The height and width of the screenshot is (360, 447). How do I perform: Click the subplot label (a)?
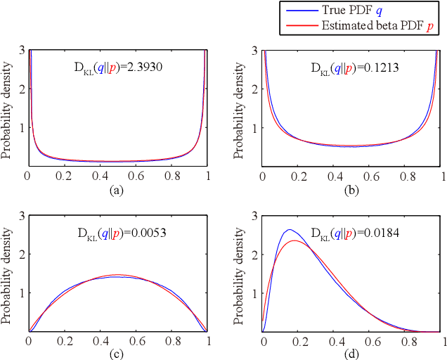118,188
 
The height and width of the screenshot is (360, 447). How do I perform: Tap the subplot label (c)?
118,353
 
